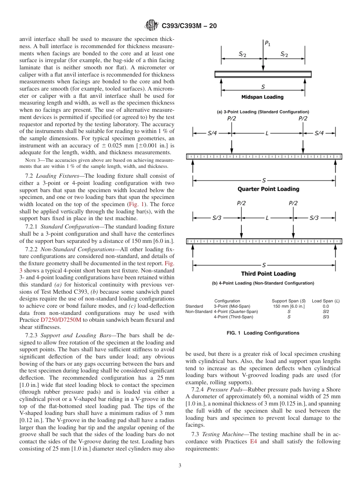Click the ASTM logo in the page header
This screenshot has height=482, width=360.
point(152,26)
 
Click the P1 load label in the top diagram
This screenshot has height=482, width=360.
point(268,44)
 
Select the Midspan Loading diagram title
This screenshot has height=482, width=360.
point(262,97)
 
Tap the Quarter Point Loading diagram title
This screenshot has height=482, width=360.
point(268,189)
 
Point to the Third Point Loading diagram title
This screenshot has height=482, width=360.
point(268,274)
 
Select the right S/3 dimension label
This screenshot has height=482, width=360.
point(314,218)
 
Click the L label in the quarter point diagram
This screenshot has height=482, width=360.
point(267,133)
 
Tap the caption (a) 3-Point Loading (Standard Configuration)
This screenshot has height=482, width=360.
point(263,112)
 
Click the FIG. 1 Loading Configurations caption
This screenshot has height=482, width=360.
point(263,333)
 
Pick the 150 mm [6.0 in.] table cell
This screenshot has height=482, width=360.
point(289,306)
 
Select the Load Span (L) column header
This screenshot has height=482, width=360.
point(326,301)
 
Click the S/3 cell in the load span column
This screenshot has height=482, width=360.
point(326,317)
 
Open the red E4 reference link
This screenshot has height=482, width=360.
point(254,442)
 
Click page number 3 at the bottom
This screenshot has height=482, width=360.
point(180,465)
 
